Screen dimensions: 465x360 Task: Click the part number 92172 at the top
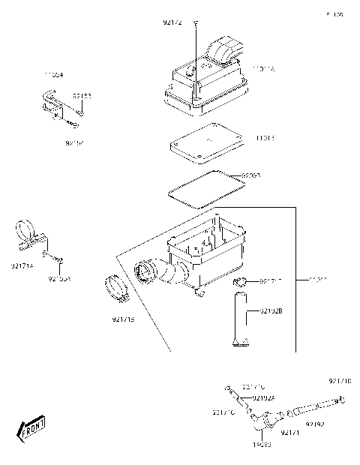pyautogui.click(x=172, y=23)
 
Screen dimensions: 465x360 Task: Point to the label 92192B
pyautogui.click(x=271, y=309)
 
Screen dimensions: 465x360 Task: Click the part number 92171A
pyautogui.click(x=21, y=265)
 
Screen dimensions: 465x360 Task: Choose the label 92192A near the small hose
pyautogui.click(x=263, y=397)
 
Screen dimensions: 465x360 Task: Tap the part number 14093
pyautogui.click(x=262, y=444)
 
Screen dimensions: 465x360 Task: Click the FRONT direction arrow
pyautogui.click(x=32, y=428)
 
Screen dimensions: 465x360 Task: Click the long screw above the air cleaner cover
pyautogui.click(x=194, y=52)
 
